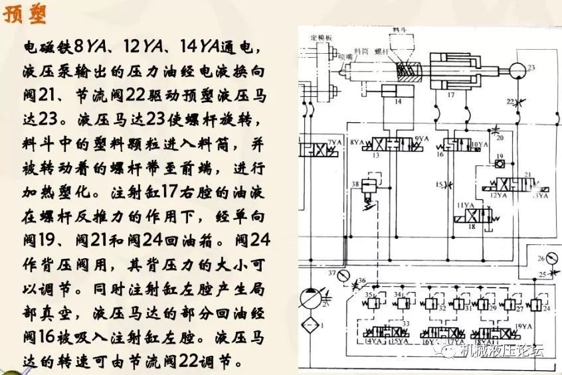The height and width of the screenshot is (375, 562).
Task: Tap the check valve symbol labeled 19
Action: (500, 163)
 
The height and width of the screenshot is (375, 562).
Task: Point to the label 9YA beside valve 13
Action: (420, 139)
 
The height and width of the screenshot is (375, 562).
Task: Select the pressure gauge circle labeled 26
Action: (543, 258)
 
